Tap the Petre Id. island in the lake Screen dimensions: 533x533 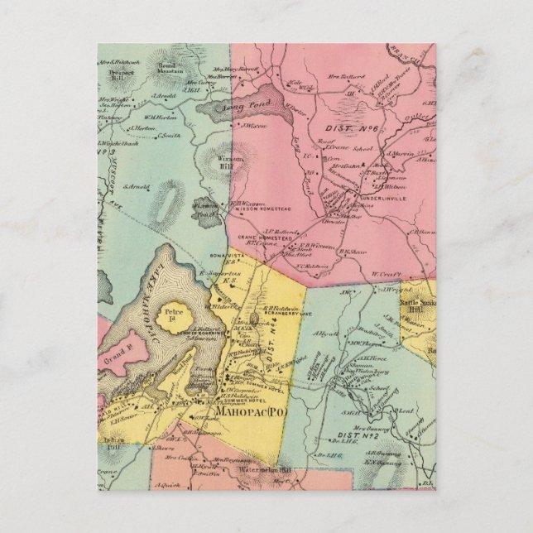point(182,317)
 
